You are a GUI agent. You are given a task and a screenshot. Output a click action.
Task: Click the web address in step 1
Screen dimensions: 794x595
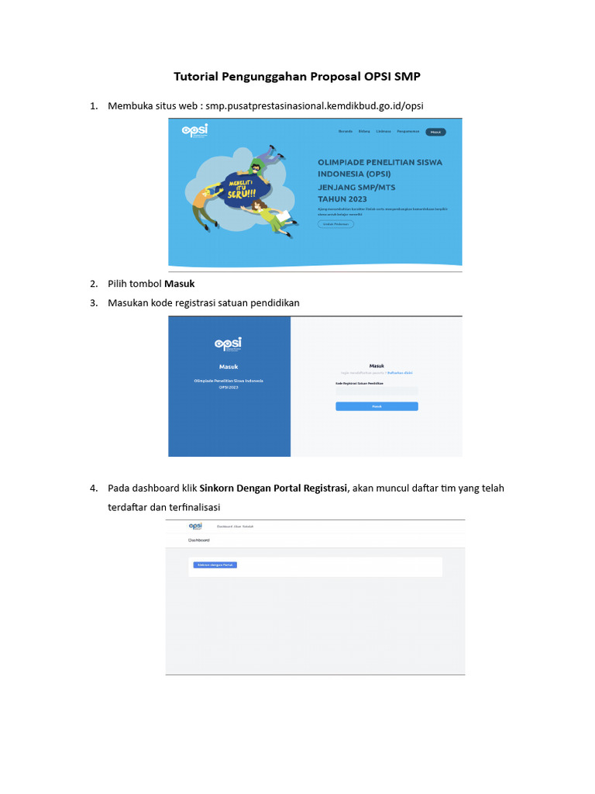click(x=315, y=105)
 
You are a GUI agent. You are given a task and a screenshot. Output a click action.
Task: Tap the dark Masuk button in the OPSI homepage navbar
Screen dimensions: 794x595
click(x=435, y=132)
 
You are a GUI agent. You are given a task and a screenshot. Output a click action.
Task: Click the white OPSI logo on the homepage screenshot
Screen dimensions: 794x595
click(x=194, y=131)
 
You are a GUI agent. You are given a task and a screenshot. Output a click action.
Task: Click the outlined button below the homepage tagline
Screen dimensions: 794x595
click(x=335, y=223)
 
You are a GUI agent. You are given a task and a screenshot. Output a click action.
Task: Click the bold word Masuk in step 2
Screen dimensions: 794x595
click(x=180, y=284)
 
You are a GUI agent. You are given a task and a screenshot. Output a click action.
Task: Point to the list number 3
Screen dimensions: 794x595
click(x=93, y=303)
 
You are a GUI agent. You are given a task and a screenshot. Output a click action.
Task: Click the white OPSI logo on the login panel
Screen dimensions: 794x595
click(x=228, y=343)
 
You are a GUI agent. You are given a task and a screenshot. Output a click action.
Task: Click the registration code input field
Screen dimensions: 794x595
click(x=377, y=392)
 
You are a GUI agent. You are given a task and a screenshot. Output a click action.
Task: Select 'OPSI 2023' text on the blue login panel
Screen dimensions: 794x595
click(x=229, y=387)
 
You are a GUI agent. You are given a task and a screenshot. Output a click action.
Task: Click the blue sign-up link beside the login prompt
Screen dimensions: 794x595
click(x=400, y=372)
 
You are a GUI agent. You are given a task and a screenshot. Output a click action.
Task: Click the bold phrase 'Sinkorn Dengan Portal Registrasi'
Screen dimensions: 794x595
click(x=274, y=488)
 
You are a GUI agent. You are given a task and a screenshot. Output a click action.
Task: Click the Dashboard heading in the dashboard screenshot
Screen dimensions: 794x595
click(x=199, y=540)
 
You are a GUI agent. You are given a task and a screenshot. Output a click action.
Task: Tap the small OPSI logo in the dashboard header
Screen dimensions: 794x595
click(x=195, y=526)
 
